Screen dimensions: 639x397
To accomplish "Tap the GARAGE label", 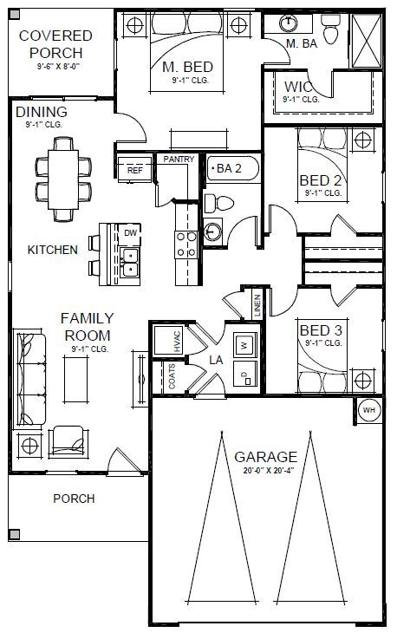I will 265,456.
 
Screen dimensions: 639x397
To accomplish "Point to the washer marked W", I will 244,343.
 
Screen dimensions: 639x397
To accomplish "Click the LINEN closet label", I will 257,304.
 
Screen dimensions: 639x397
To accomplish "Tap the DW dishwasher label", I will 130,232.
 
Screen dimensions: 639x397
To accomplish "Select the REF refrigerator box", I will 134,171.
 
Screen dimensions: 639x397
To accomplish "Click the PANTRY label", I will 178,160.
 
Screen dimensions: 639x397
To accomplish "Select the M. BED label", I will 187,67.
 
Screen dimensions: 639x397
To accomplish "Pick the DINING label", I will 41,113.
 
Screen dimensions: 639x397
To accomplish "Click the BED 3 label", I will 321,330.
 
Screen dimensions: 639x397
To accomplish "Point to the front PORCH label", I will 74,499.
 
